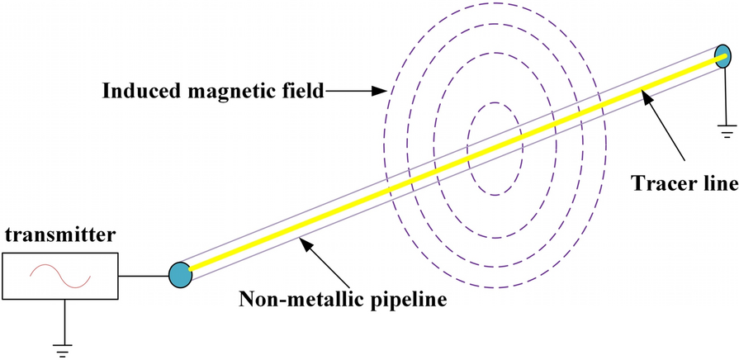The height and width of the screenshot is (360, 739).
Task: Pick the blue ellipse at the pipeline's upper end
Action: pyautogui.click(x=723, y=57)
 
